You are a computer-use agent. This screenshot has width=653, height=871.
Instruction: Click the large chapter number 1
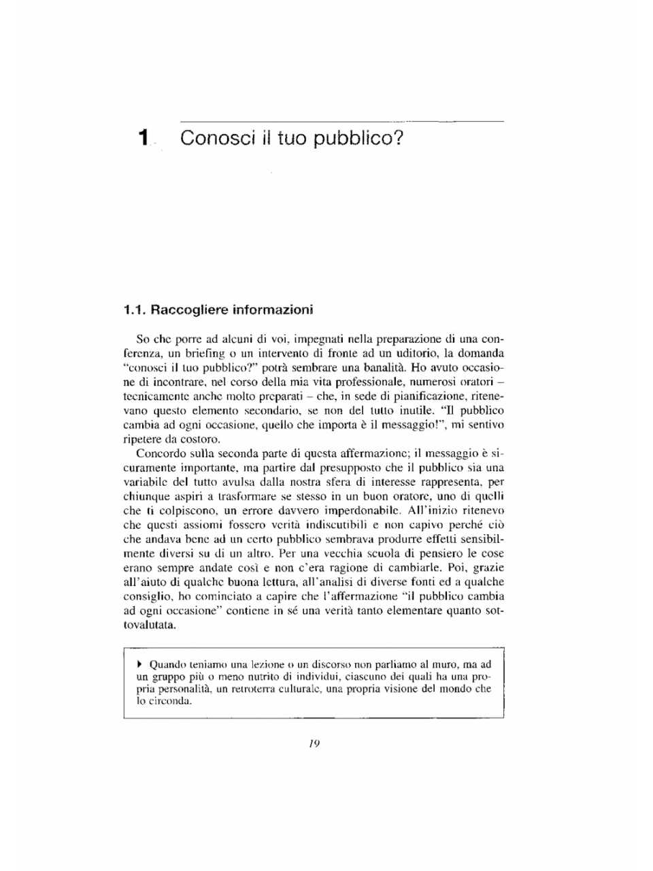143,138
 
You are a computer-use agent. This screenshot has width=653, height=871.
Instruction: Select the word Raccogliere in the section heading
189,310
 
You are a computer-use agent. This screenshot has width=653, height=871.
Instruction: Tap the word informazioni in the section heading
273,310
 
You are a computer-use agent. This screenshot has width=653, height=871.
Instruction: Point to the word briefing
205,353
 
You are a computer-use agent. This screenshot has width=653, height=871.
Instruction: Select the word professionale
368,382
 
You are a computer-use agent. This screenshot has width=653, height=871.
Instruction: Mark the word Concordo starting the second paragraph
159,453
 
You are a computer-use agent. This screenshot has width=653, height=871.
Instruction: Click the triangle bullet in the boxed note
139,663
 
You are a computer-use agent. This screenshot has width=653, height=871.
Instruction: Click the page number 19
314,744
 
